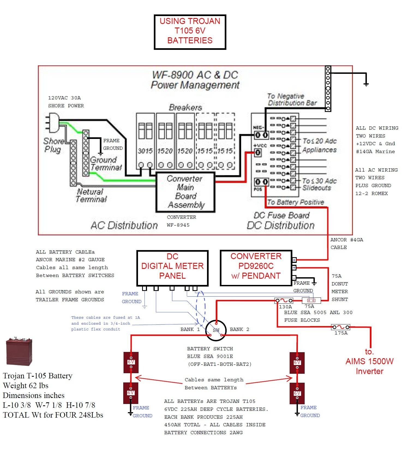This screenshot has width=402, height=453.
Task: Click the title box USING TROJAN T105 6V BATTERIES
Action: (190, 32)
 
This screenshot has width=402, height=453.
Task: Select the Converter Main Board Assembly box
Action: (185, 192)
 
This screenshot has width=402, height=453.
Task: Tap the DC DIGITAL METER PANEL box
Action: (172, 267)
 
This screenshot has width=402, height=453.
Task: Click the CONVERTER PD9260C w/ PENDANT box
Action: (256, 267)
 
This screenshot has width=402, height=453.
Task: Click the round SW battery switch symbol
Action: (216, 330)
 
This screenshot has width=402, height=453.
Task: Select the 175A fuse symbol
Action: (340, 327)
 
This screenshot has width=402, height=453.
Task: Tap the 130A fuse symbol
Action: (284, 301)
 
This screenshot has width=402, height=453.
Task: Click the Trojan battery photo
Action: (19, 351)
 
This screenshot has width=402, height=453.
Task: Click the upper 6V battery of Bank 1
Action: (131, 362)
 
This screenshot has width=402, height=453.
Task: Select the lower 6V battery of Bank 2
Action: (297, 393)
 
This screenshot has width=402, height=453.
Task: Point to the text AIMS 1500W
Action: (369, 361)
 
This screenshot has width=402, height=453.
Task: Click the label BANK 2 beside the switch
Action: (239, 329)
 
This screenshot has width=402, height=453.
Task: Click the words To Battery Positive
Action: (295, 202)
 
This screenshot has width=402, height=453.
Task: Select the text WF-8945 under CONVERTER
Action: (178, 225)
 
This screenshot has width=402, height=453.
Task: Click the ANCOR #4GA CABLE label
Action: (346, 244)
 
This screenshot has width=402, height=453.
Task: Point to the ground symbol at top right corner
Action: (366, 84)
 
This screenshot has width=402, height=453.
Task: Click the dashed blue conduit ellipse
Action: (201, 308)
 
